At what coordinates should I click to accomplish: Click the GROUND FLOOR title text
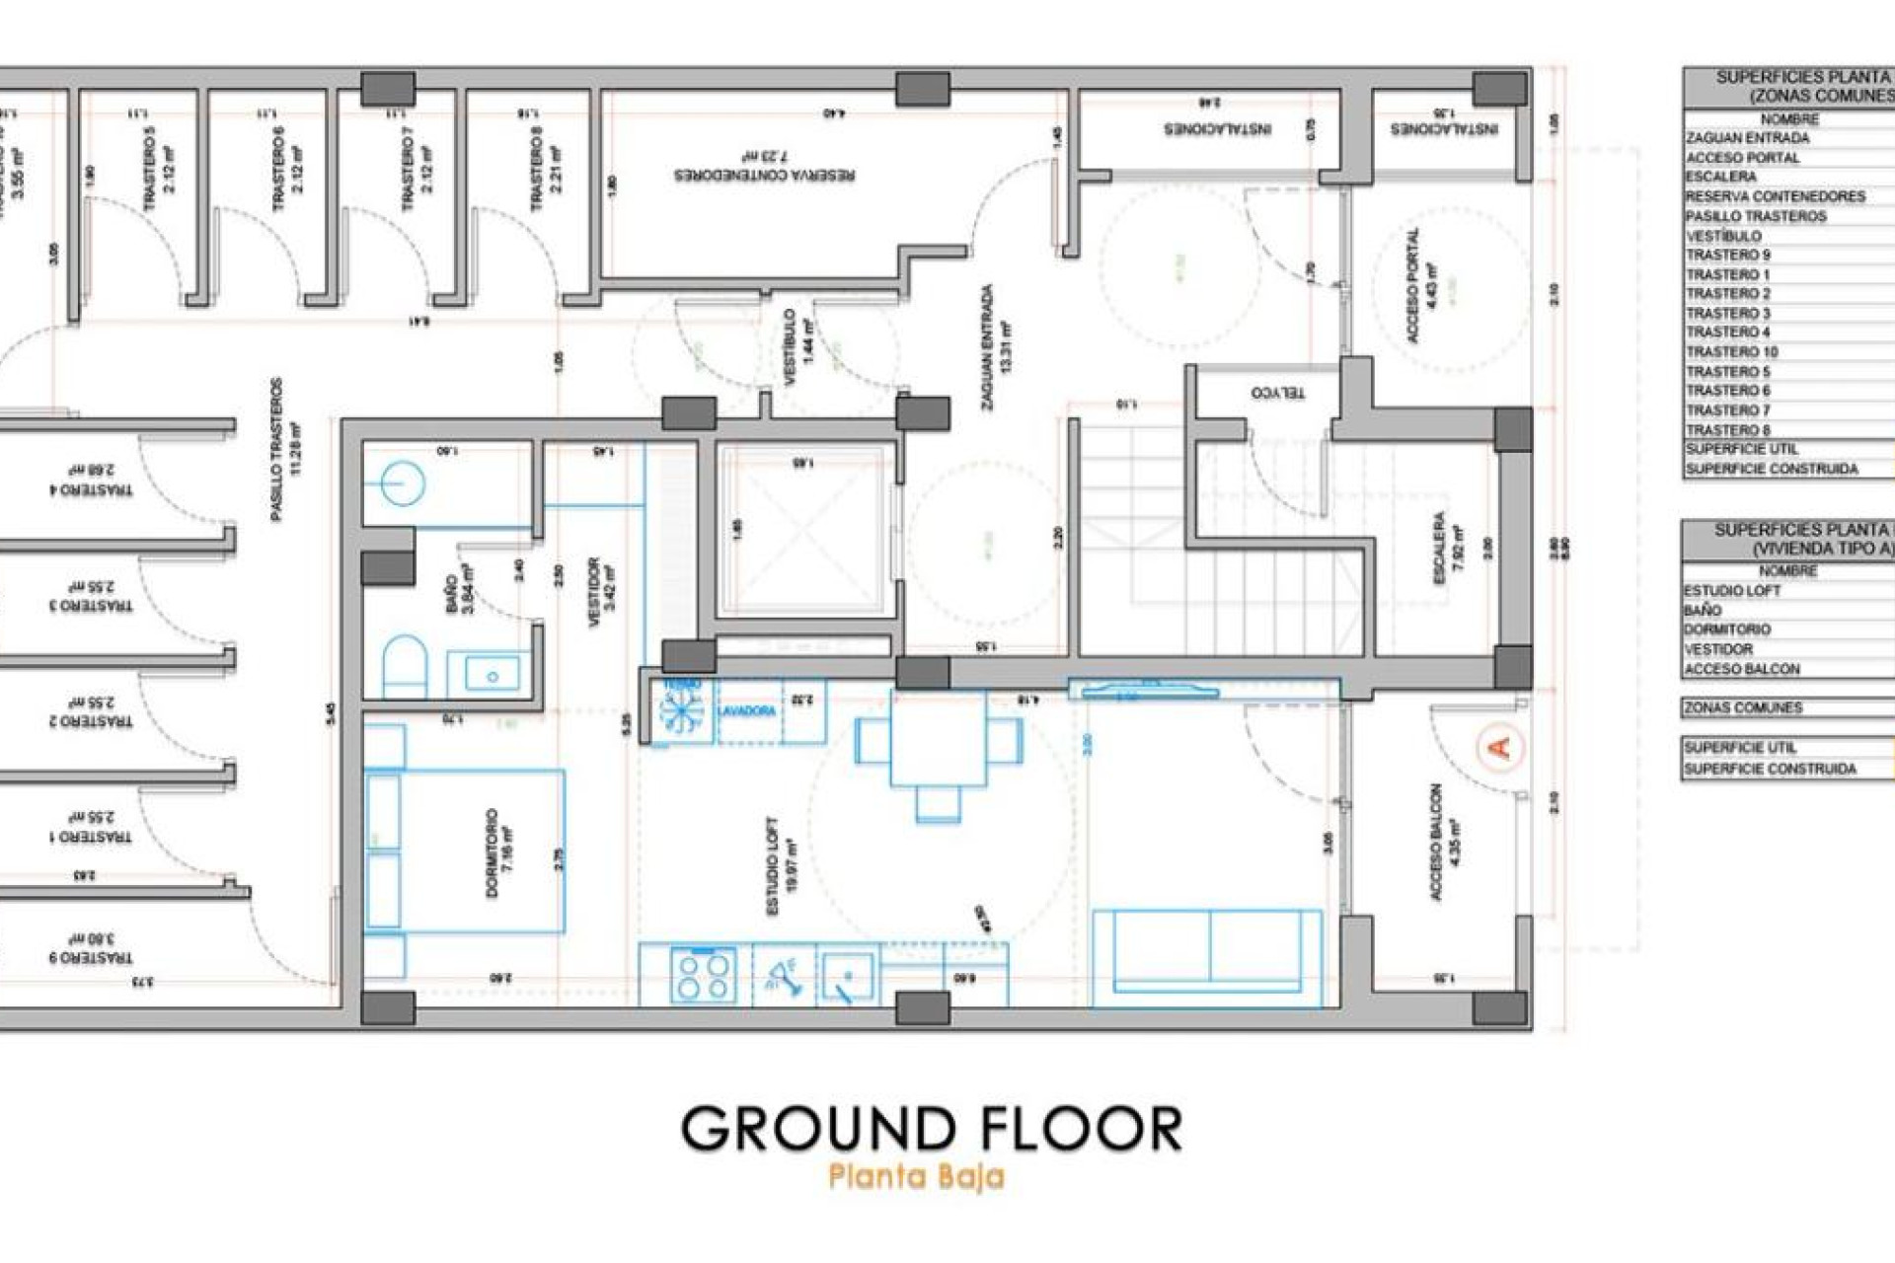[x=931, y=1129]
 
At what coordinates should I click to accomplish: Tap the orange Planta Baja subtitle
[x=916, y=1177]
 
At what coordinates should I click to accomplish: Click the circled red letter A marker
[x=1499, y=747]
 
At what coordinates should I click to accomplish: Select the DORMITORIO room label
[x=493, y=853]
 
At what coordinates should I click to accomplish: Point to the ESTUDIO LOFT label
[x=773, y=865]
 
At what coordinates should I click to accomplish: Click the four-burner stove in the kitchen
[x=704, y=974]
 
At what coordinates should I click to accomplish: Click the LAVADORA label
[x=746, y=710]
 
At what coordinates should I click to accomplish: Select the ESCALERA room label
[x=1440, y=548]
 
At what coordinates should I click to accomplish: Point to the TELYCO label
[x=1277, y=393]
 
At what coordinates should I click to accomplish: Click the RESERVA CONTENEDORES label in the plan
[x=764, y=175]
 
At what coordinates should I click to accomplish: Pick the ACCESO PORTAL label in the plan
[x=1413, y=285]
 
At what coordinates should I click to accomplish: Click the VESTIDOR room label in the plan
[x=594, y=592]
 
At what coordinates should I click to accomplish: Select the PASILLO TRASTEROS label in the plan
[x=276, y=449]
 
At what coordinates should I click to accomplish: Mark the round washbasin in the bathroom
[x=402, y=484]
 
